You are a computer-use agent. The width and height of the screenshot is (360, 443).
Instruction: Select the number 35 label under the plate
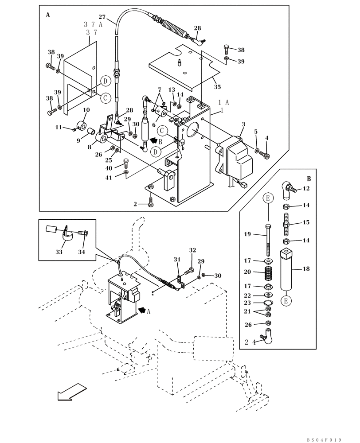pos(217,87)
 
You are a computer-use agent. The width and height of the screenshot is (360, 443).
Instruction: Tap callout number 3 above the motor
pos(243,125)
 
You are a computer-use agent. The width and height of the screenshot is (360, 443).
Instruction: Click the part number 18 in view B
pos(306,269)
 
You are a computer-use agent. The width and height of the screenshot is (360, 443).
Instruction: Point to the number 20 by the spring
pos(260,272)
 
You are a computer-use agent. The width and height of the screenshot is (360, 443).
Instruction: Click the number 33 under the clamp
pos(59,252)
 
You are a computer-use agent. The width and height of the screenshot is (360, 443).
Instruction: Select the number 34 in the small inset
pos(81,252)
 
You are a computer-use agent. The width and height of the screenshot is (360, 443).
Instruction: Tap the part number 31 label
pos(177,260)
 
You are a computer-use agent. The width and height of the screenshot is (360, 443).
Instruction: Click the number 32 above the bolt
pos(192,250)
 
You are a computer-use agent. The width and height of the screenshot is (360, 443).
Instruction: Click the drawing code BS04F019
pos(324,440)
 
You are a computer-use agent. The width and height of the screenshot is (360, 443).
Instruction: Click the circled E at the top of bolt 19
pos(268,198)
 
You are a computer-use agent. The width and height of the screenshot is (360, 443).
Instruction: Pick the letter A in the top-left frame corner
pos(47,15)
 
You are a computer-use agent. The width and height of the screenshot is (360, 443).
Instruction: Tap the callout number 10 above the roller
pos(86,110)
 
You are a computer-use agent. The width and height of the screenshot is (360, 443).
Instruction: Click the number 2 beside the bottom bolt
pos(135,204)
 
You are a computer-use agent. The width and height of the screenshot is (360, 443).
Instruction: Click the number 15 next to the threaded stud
pos(306,222)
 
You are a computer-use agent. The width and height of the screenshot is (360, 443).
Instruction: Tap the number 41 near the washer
pos(109,178)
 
